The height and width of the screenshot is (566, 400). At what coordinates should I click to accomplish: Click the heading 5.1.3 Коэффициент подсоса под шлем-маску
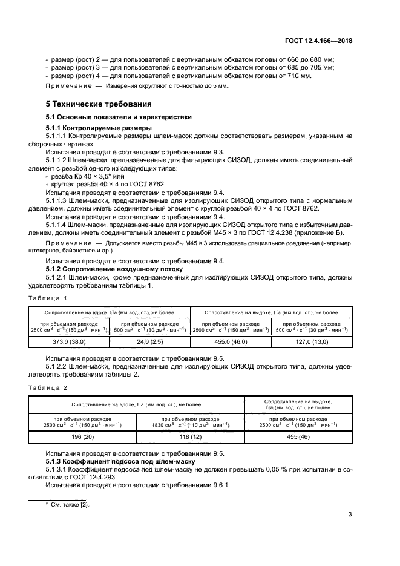pos(115,462)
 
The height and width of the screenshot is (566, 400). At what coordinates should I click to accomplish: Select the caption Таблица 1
pos(48,298)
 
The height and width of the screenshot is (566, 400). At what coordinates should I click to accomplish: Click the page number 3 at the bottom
pos(350,515)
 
